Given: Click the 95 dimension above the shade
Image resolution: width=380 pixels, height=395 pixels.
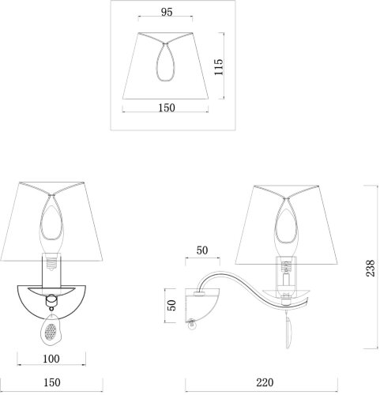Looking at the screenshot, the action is click(x=167, y=12).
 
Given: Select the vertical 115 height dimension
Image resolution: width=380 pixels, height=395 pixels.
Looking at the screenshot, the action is click(x=219, y=67).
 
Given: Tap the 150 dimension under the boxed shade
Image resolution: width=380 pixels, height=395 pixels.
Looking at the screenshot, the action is click(x=167, y=107).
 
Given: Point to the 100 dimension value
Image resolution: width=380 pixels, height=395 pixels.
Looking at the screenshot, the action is click(x=51, y=359).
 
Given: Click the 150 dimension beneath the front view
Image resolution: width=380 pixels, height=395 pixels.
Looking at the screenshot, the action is click(x=52, y=382).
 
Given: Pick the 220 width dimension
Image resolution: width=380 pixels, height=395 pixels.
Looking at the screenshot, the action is click(x=265, y=382).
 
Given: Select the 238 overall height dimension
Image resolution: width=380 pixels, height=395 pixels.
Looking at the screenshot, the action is click(x=371, y=268).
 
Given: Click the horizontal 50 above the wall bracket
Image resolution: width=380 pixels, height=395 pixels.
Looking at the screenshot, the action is click(x=202, y=250).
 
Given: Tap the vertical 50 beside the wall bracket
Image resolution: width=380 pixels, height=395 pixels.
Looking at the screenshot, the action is click(x=171, y=306).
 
